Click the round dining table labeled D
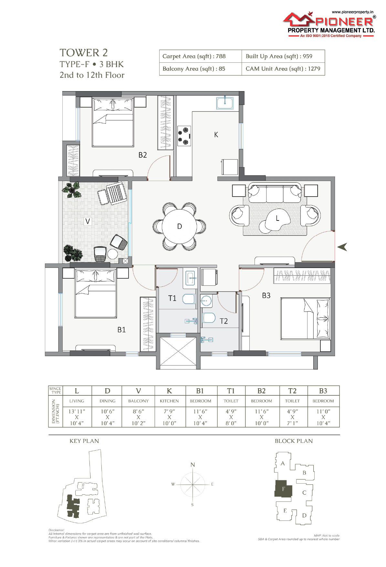pyautogui.click(x=179, y=226)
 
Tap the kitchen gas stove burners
pyautogui.click(x=184, y=136)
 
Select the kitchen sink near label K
pyautogui.click(x=225, y=103)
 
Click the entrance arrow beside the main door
pyautogui.click(x=342, y=247)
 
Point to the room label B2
pyautogui.click(x=142, y=155)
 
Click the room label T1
pyautogui.click(x=172, y=298)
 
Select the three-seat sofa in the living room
pyautogui.click(x=275, y=193)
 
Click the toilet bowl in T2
pyautogui.click(x=209, y=318)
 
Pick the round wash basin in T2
pyautogui.click(x=206, y=301)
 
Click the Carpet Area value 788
pyautogui.click(x=221, y=56)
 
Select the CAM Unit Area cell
pyautogui.click(x=283, y=69)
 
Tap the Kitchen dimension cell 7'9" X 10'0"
pyautogui.click(x=169, y=417)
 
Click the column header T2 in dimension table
pyautogui.click(x=292, y=391)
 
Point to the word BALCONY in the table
pyautogui.click(x=138, y=401)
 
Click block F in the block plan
pyautogui.click(x=283, y=488)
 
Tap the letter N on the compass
pyautogui.click(x=193, y=465)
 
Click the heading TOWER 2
pyautogui.click(x=84, y=53)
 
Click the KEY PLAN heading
pyautogui.click(x=84, y=441)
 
